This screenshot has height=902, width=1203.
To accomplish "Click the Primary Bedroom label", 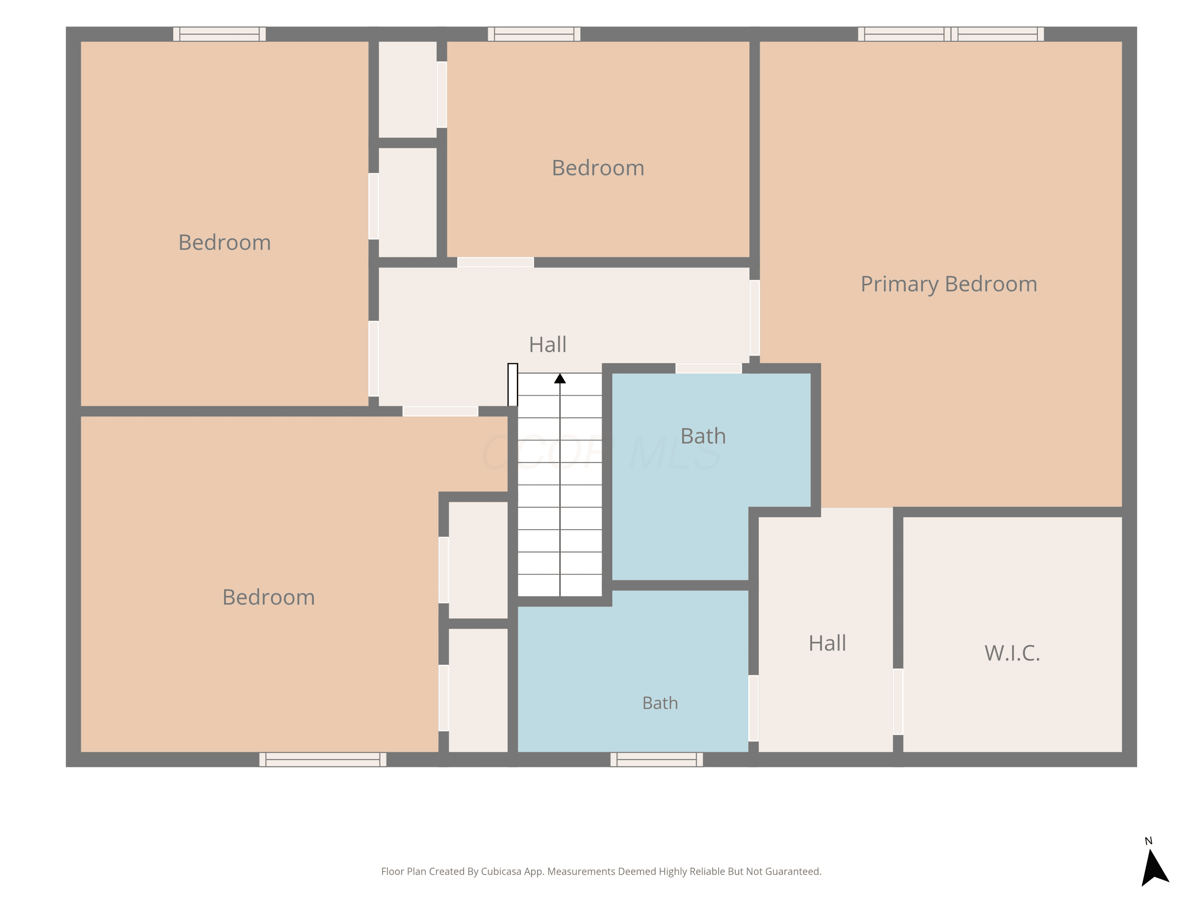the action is click(948, 284).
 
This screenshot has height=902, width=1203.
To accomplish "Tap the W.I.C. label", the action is click(1012, 653).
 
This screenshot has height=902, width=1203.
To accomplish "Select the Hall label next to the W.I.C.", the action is click(827, 643).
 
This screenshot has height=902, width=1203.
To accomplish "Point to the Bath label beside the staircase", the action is click(703, 436).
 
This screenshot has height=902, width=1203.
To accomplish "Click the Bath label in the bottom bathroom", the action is click(660, 703).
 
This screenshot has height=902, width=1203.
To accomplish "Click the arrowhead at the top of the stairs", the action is click(560, 378).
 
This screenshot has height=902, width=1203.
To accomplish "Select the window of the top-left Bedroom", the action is click(219, 34).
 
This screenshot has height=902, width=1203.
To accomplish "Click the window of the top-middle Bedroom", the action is click(534, 34).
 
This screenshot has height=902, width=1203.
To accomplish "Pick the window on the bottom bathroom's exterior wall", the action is click(656, 760).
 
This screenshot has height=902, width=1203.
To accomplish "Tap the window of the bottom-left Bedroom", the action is click(322, 760).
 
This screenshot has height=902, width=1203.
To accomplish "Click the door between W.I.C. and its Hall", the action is click(898, 702).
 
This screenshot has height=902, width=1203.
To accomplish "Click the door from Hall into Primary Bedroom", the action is click(754, 318).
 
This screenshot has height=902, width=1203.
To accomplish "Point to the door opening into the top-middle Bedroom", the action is click(496, 263).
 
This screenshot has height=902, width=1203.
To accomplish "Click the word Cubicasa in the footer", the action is click(501, 872).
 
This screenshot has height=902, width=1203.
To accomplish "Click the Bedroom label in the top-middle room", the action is click(598, 168).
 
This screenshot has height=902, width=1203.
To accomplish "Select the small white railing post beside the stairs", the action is click(512, 384).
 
